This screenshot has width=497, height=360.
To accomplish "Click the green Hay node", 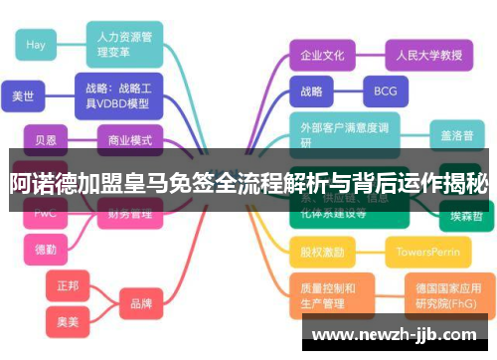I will tap(37, 44).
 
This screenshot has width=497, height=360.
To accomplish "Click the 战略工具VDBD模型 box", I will tap(117, 94).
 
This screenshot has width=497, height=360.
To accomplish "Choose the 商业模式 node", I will tap(129, 140).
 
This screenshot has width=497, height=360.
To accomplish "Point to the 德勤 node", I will tap(46, 249).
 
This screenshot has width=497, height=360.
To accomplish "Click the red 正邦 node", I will tap(69, 284).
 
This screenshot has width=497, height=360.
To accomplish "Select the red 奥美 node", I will tap(69, 320).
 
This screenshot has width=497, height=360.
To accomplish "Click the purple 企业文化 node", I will tap(322, 55).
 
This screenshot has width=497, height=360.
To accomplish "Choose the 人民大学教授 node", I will tap(423, 55).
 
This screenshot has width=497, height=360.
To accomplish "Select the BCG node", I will tap(385, 91).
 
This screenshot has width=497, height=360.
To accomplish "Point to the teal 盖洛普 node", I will tap(457, 133).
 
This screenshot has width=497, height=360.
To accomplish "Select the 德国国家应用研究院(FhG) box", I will tap(447, 295).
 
